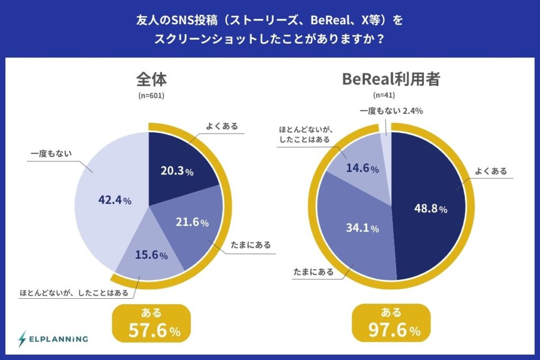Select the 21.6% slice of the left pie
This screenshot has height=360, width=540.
[x=193, y=227]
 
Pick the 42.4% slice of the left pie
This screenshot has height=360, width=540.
[x=110, y=200]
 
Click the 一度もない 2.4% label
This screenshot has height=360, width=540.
[x=391, y=111]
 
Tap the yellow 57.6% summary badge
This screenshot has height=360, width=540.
[x=151, y=323]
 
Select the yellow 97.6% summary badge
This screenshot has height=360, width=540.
[x=391, y=323]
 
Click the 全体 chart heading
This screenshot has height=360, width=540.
[x=151, y=79]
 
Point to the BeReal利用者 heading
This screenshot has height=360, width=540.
[x=391, y=79]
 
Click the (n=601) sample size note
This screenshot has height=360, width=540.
[x=151, y=95]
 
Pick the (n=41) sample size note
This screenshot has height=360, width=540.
[x=384, y=95]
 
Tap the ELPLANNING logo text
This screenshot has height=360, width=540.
[x=59, y=339]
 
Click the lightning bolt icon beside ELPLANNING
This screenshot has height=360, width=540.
[x=22, y=339]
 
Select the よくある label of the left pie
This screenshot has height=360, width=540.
[x=222, y=126]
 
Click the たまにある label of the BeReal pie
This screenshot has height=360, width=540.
[x=313, y=272]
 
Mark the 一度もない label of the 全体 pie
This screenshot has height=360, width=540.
[x=51, y=153]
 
